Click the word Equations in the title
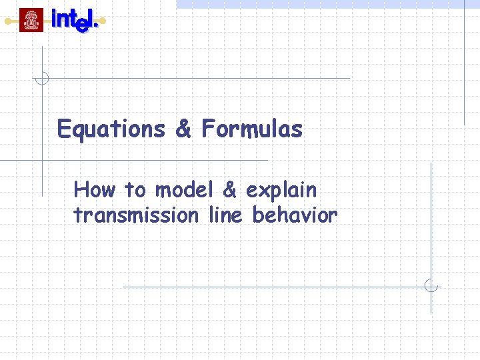(111, 129)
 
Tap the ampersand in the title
(183, 129)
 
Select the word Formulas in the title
(251, 129)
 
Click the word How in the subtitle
(95, 190)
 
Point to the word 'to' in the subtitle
(135, 191)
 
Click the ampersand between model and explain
(230, 190)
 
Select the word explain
(281, 191)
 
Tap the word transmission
(136, 215)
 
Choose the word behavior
(295, 215)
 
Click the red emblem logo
(31, 20)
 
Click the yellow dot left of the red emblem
(8, 21)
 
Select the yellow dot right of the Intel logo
(103, 21)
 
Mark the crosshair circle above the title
(42, 78)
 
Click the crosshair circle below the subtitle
(431, 287)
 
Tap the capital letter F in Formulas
(207, 129)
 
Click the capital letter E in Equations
(64, 129)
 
